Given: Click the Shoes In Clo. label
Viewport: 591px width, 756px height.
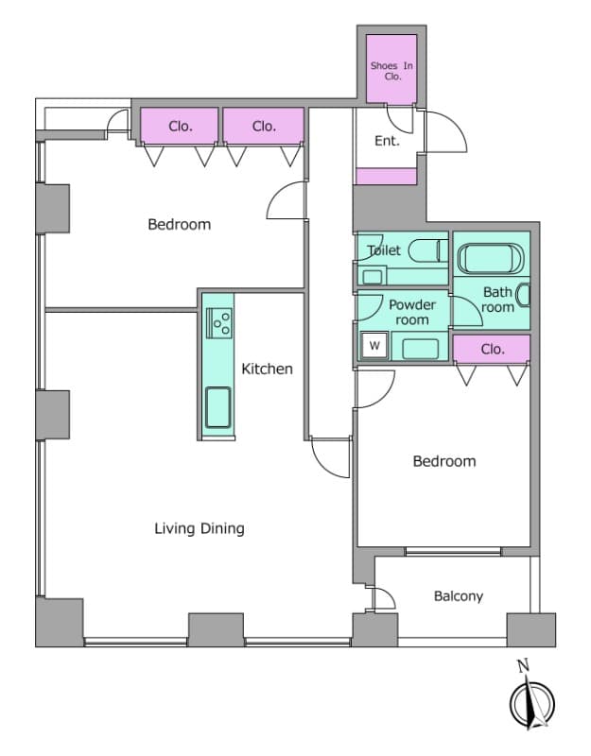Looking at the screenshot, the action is click(x=391, y=71).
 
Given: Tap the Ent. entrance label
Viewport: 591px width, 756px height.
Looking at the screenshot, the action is click(x=387, y=141).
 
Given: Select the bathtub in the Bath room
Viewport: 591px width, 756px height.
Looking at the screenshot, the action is click(x=491, y=258).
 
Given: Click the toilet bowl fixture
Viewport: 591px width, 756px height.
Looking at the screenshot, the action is click(x=428, y=250).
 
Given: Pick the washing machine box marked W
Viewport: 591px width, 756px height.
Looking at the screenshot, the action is click(x=374, y=345).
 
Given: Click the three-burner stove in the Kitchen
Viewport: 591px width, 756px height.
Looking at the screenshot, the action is click(x=219, y=323).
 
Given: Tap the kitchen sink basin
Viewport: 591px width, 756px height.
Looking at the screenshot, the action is click(x=218, y=407).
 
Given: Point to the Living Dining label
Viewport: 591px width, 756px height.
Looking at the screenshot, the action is click(x=200, y=528).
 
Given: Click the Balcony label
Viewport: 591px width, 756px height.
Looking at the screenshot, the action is click(x=459, y=596).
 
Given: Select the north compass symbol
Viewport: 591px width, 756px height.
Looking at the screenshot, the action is click(x=532, y=704).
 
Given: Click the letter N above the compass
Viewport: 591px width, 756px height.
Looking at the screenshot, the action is click(x=523, y=666).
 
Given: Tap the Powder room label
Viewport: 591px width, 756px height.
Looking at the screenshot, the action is click(x=412, y=312).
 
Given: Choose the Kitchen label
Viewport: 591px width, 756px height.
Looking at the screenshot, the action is click(x=267, y=369).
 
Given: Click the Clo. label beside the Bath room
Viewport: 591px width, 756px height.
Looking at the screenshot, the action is click(x=492, y=349).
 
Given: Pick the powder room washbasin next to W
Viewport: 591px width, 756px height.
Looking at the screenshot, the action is click(x=420, y=349).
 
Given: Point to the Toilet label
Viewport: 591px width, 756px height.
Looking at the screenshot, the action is click(x=384, y=250).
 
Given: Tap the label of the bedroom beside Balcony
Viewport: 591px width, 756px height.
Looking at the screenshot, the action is click(x=444, y=461).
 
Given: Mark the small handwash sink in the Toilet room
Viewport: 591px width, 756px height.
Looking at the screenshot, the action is click(x=372, y=277).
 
